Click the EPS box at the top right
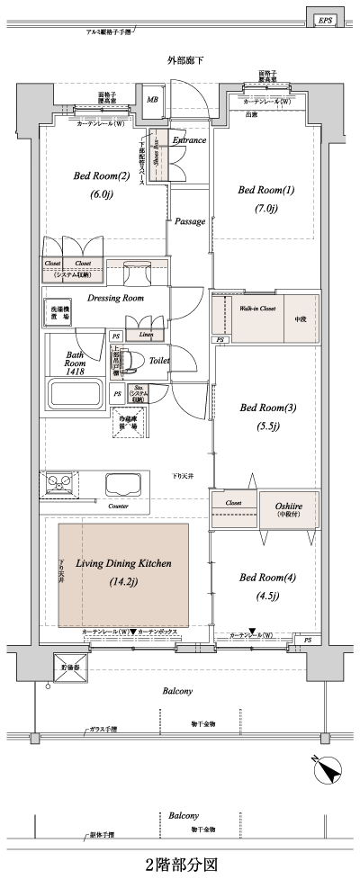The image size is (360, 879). pos(324,20)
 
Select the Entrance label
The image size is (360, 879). pos(189,140)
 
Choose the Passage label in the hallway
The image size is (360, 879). pos(190,221)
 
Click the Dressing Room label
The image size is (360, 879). pos(115,298)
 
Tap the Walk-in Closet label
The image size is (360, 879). pos(255,308)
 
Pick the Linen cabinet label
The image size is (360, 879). pos(146,335)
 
